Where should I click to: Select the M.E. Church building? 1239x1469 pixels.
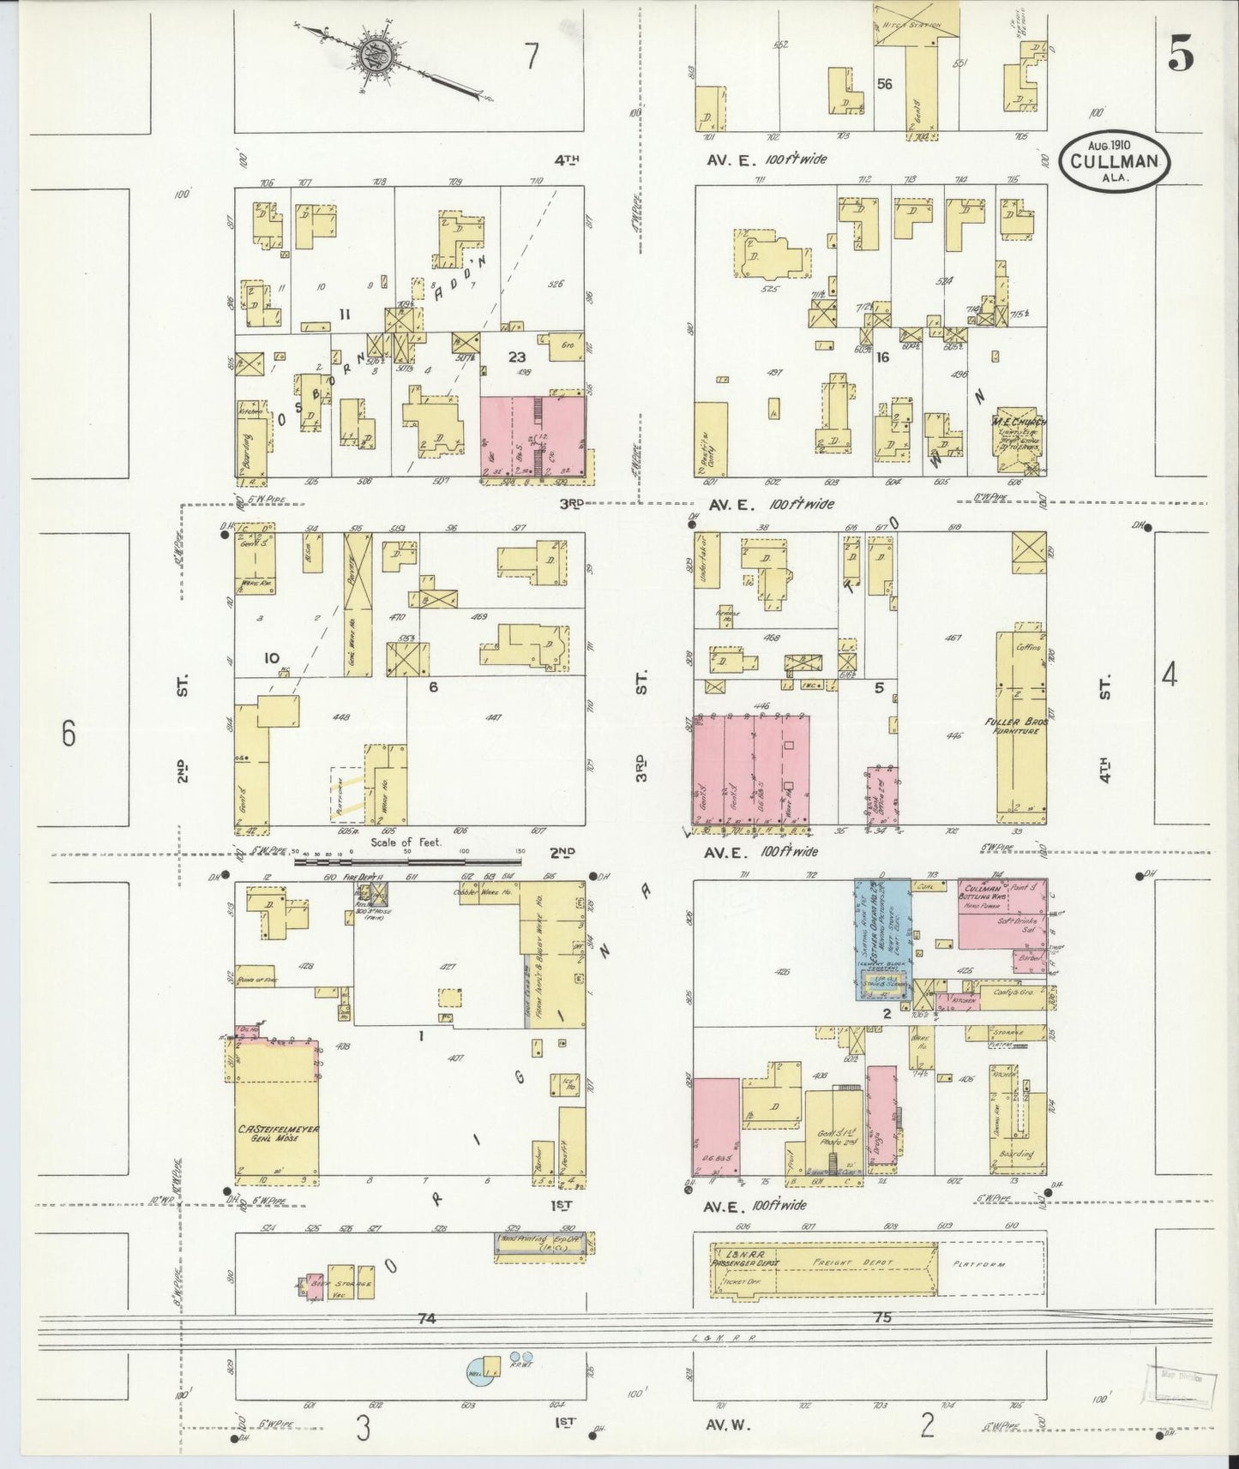click(x=1018, y=445)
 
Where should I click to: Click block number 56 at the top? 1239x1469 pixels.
click(x=885, y=84)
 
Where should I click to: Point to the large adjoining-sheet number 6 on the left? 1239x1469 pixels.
click(x=69, y=734)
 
